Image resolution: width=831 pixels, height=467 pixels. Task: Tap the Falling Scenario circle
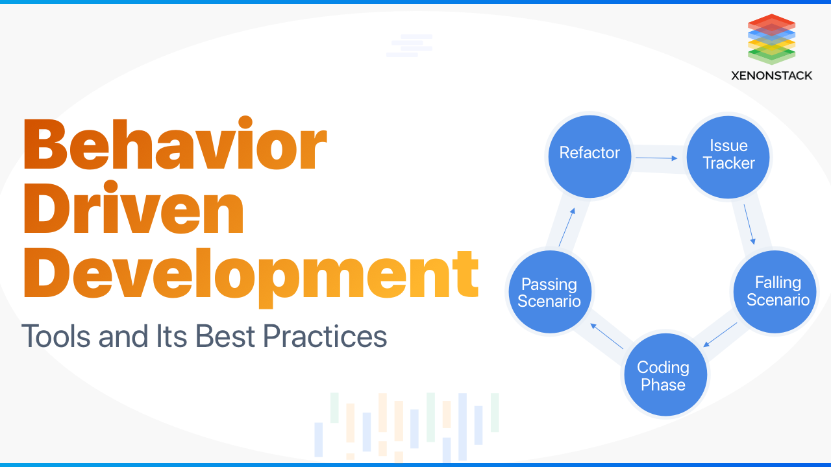(x=775, y=291)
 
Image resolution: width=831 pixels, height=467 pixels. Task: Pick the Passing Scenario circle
(x=549, y=292)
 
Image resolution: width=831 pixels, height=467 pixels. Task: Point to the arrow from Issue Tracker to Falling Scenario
(x=749, y=224)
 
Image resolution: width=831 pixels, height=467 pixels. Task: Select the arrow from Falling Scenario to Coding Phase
(x=721, y=334)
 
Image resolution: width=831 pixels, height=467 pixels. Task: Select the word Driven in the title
(x=134, y=211)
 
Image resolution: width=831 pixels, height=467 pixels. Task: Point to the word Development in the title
(x=251, y=276)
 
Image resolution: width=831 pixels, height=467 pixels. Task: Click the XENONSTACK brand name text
(x=771, y=75)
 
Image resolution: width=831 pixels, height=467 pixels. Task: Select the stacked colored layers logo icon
(x=771, y=39)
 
